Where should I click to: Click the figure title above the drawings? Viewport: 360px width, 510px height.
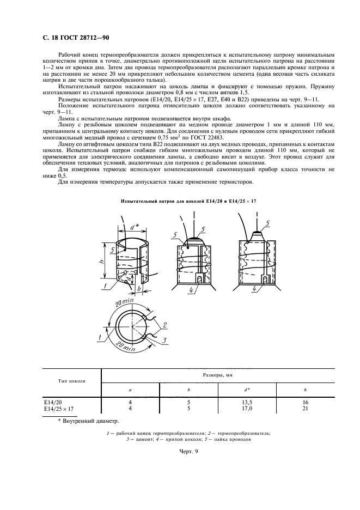[x=188, y=202]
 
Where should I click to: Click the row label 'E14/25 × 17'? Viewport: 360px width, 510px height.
[x=59, y=408]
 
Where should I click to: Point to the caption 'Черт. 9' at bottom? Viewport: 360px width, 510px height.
[x=190, y=452]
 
